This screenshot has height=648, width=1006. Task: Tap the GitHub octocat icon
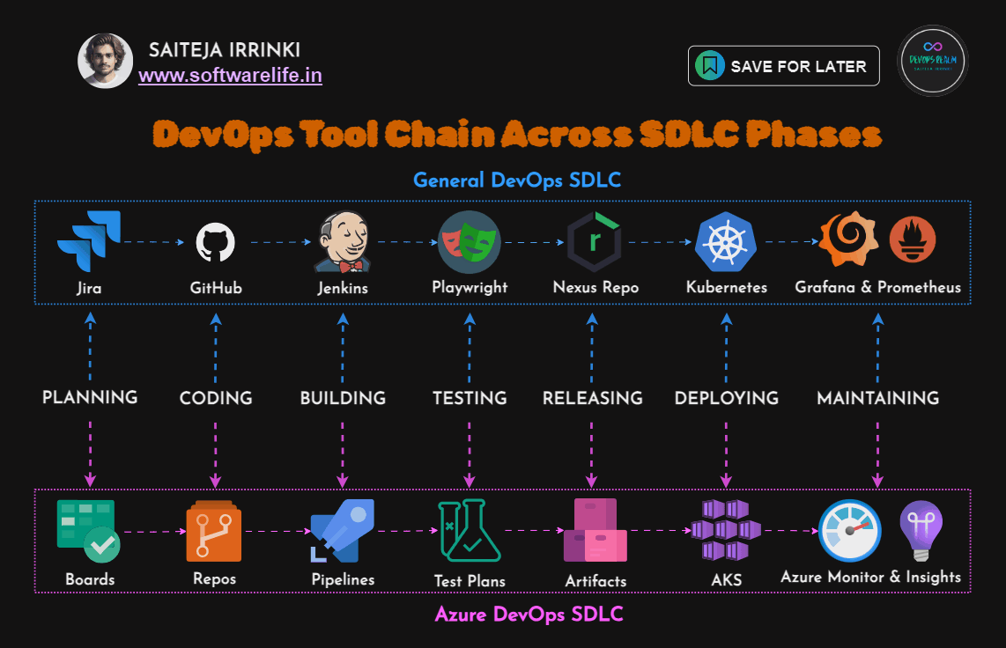(216, 241)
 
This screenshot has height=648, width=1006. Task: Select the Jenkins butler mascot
(342, 241)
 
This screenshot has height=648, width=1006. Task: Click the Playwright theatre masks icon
(469, 241)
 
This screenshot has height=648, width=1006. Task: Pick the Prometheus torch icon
(912, 240)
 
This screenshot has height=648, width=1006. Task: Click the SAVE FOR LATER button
(783, 66)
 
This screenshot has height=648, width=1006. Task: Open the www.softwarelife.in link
(230, 76)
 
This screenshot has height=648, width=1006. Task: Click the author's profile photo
(106, 61)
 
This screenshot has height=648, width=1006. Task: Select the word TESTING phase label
(470, 398)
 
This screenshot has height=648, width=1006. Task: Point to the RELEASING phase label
(593, 398)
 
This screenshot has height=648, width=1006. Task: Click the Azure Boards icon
(88, 531)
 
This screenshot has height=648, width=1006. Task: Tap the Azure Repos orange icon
(213, 531)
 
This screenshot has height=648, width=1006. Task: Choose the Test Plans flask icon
(470, 531)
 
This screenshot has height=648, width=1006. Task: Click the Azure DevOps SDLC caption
(529, 615)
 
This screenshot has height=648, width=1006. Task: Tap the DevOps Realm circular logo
(933, 61)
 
